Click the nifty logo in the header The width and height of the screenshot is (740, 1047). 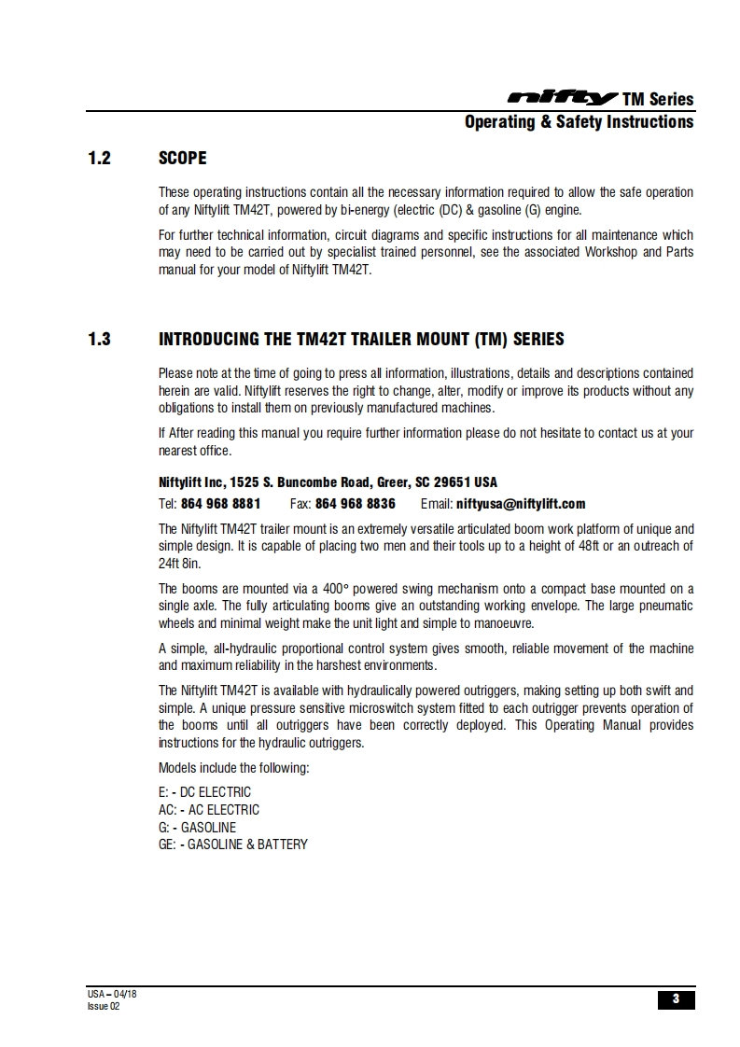[561, 98]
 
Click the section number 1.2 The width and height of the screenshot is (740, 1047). [99, 159]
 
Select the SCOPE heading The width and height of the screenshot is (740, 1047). [183, 159]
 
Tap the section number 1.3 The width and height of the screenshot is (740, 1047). [99, 340]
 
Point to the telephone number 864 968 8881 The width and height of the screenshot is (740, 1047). [220, 504]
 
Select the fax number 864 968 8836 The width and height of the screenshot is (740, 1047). [355, 504]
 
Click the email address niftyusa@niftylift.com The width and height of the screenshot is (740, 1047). [521, 504]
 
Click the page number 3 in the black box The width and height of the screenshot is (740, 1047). [676, 999]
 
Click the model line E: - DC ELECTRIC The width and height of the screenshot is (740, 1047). [204, 792]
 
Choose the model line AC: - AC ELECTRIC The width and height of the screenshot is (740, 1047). [209, 810]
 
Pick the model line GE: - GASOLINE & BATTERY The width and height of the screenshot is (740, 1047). [233, 845]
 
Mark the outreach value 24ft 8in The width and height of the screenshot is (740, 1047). [179, 564]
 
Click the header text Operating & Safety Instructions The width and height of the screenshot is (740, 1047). [579, 122]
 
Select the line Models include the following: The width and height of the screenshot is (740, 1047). [233, 768]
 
